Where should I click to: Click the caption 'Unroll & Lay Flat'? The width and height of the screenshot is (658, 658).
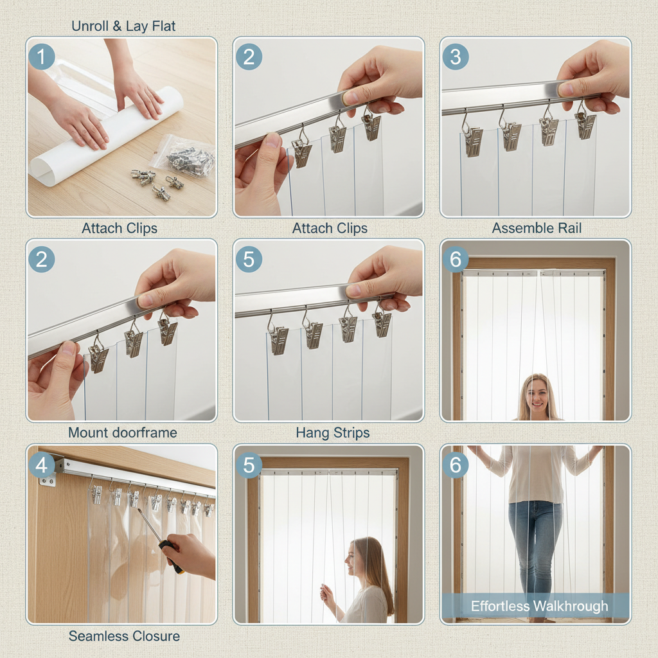pos(123,26)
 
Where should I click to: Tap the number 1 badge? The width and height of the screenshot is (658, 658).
pos(42,57)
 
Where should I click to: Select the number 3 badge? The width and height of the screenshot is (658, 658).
pos(456,57)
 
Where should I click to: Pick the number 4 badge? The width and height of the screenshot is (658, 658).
pos(42,465)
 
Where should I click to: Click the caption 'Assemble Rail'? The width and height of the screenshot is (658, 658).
pos(537,228)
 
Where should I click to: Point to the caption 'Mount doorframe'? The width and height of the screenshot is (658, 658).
pos(123,432)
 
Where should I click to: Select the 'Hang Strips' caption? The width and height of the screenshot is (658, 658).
pos(333,432)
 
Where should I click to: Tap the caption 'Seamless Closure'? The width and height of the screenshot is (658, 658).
pos(124,636)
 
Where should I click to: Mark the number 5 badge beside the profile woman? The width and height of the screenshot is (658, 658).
pos(249,465)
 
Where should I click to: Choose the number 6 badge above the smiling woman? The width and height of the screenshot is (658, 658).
pos(456,260)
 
